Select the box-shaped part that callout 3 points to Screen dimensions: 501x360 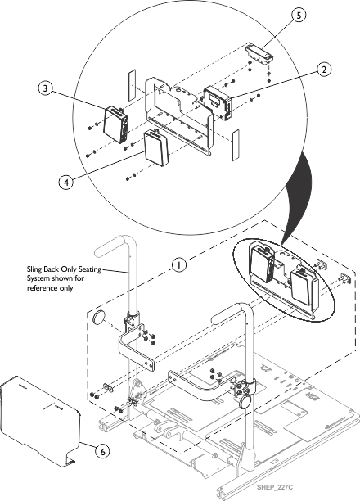(117, 124)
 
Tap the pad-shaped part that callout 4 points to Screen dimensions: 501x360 (155, 147)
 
